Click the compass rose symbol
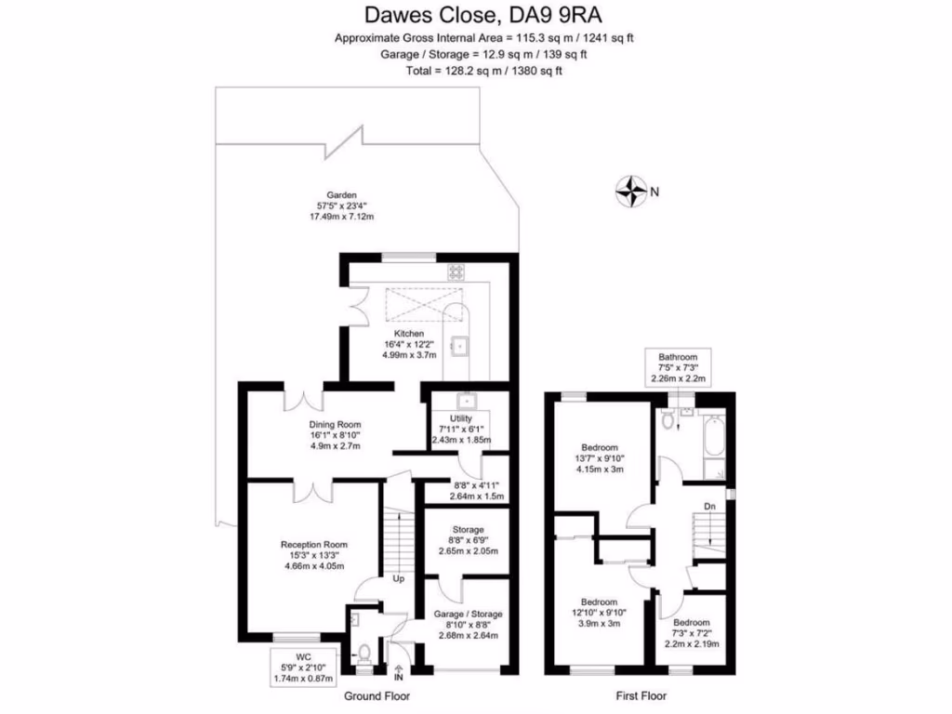(632, 191)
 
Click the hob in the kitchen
(458, 272)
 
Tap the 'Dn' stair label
(708, 507)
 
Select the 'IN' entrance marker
(399, 677)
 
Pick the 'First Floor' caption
(641, 695)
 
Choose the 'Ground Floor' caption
(377, 695)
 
